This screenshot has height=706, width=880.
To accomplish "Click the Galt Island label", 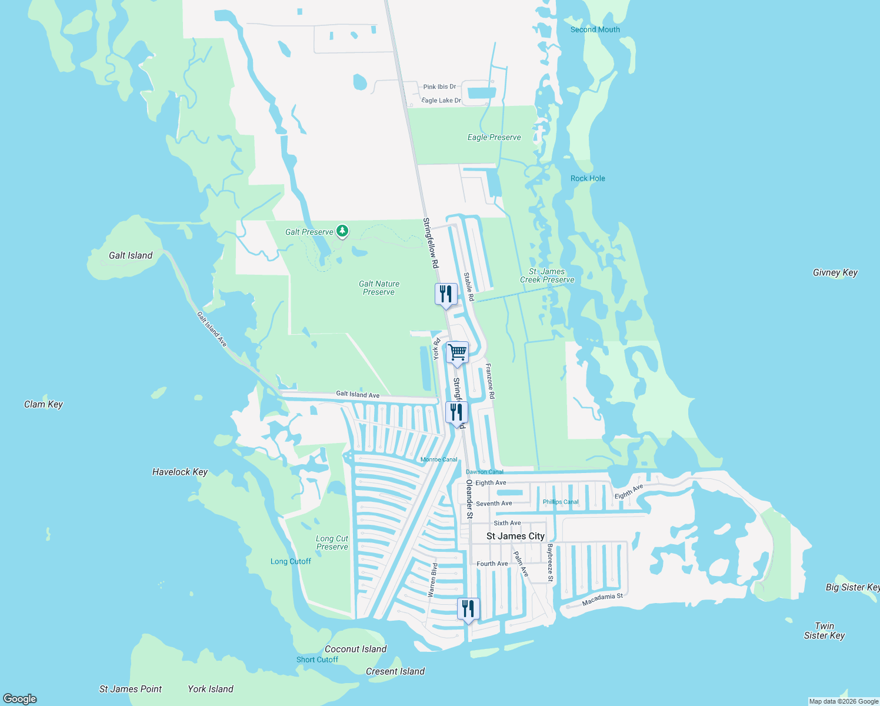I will click(x=131, y=255).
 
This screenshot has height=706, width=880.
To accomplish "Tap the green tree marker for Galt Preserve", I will click(x=342, y=231).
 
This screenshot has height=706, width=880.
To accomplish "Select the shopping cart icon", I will click(x=457, y=352).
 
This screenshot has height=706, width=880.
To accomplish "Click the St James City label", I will click(x=515, y=536).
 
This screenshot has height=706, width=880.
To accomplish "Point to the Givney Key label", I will click(x=835, y=272).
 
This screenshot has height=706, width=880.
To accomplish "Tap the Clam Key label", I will click(x=43, y=404).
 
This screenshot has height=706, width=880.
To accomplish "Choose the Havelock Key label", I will click(x=179, y=472).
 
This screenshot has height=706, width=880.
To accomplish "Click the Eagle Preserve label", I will click(x=494, y=137).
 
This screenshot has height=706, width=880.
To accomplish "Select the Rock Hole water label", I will click(x=587, y=178).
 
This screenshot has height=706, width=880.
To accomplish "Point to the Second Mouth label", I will click(x=595, y=29).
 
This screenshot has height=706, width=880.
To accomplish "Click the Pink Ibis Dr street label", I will click(x=439, y=86).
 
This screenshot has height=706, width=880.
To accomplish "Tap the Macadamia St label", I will click(x=602, y=600).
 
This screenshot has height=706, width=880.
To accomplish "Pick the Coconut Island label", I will click(x=355, y=649).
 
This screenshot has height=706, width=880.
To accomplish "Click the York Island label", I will click(x=210, y=689).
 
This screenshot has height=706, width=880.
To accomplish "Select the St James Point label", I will click(x=130, y=689).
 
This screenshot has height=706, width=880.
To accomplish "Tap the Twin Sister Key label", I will click(x=824, y=631).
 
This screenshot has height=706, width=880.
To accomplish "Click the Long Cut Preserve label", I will click(x=332, y=542).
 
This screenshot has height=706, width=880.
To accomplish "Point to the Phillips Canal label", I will click(x=560, y=502).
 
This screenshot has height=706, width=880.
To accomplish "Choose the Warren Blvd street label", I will click(x=433, y=580).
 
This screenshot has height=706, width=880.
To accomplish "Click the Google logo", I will click(x=20, y=699).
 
